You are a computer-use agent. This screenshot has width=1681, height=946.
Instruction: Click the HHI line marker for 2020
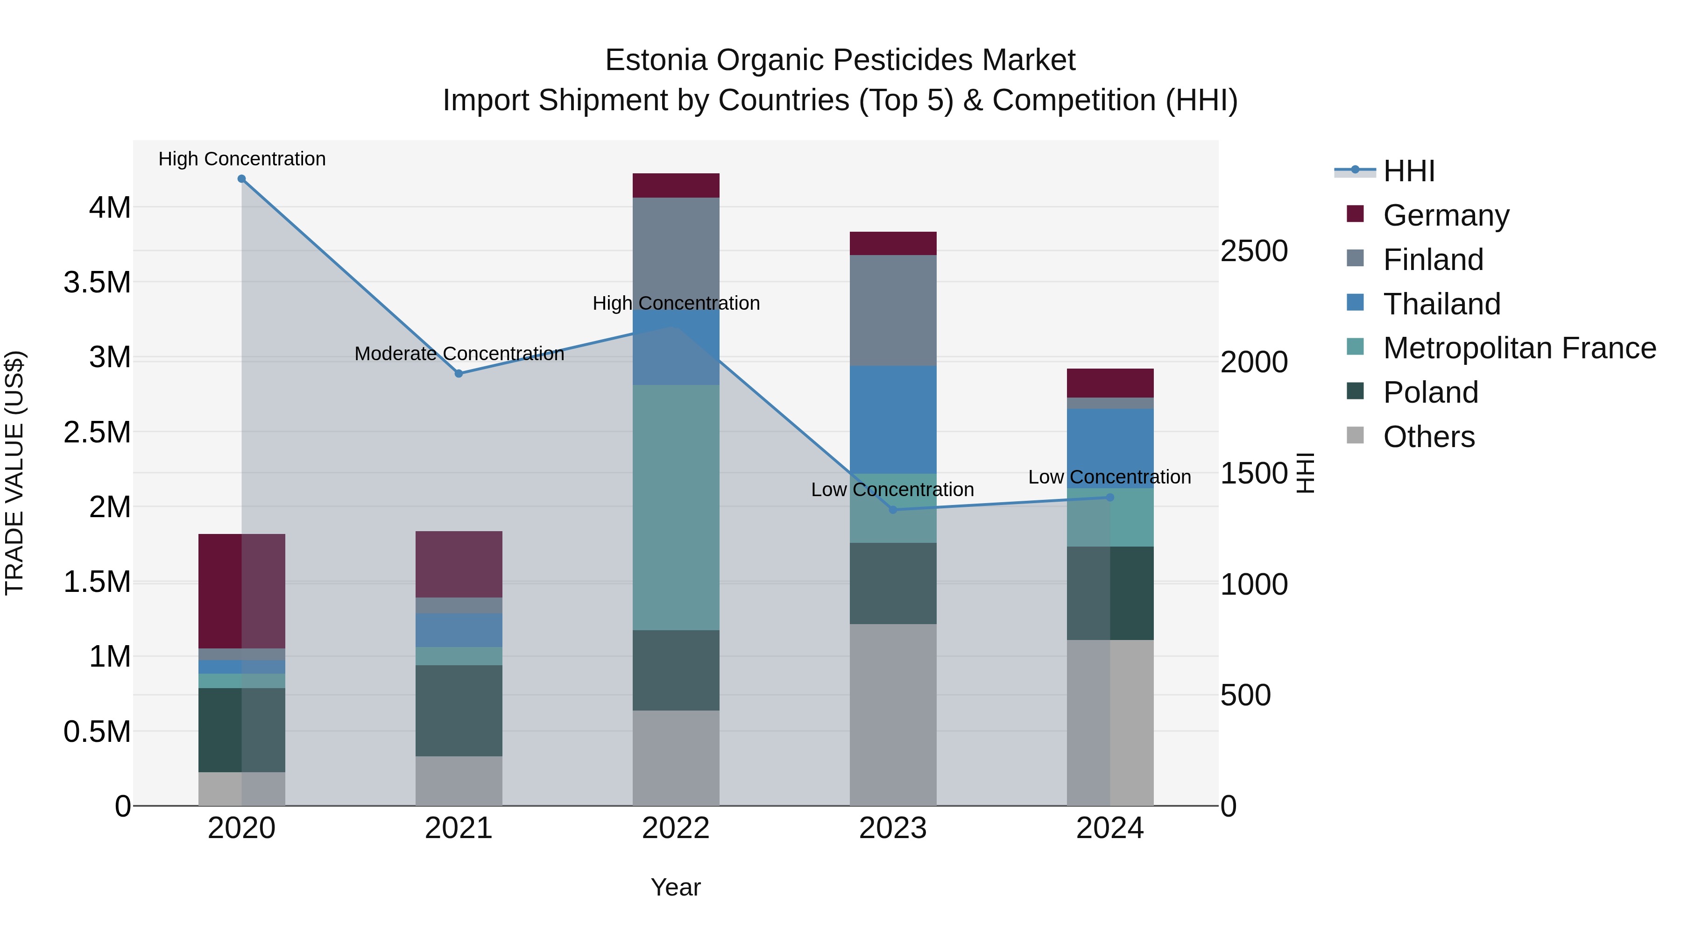tap(241, 179)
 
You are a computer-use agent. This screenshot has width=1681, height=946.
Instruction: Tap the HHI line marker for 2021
tap(459, 373)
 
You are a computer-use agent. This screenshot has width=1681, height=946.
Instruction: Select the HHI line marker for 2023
tap(893, 510)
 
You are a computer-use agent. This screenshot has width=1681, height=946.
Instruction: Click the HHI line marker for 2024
tap(1110, 498)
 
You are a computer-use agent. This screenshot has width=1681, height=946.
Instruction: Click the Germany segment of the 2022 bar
tap(676, 185)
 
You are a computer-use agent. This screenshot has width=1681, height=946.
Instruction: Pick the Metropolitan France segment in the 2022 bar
tap(676, 507)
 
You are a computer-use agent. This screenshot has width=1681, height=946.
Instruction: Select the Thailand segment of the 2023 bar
tap(893, 419)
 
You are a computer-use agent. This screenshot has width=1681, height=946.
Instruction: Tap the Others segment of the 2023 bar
tap(893, 714)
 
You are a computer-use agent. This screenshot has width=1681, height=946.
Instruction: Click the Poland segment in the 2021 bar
tap(459, 710)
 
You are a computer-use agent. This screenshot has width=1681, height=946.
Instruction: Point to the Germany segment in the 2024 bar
tap(1110, 383)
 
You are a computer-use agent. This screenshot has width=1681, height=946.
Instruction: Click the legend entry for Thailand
tap(1441, 304)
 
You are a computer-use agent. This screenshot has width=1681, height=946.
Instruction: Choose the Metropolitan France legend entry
tap(1519, 349)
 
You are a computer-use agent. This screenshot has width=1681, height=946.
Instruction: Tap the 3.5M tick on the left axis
tap(97, 283)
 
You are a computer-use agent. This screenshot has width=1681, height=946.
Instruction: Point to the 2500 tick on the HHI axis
tap(1254, 251)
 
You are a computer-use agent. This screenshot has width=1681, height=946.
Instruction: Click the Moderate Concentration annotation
tap(459, 354)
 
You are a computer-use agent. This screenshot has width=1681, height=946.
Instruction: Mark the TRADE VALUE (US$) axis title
tap(14, 473)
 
